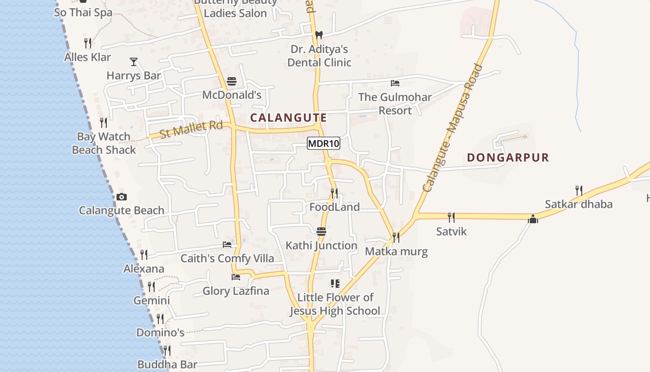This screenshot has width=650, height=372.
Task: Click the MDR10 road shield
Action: [324, 144]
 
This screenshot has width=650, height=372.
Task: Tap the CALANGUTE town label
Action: [288, 118]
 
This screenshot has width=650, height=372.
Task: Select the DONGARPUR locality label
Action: [508, 158]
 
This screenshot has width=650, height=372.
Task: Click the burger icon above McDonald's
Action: [232, 82]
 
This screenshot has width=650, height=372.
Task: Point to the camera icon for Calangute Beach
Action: [122, 197]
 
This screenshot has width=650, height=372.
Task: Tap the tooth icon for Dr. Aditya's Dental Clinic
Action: [318, 35]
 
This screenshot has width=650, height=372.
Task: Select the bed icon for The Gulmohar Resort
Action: [395, 83]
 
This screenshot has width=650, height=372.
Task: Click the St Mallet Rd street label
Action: [191, 129]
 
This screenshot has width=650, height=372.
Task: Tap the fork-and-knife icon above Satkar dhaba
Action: [578, 190]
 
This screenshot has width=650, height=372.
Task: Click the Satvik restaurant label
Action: [451, 231]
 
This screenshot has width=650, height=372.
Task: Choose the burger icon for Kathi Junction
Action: [321, 232]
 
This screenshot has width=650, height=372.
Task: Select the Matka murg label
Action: [396, 252]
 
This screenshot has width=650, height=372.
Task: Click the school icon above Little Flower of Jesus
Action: [335, 283]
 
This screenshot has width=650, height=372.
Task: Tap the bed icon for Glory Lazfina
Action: [236, 277]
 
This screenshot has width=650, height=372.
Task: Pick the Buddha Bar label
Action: [167, 364]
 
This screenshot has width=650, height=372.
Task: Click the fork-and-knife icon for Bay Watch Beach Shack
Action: [104, 123]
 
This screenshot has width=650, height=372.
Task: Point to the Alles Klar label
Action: [88, 57]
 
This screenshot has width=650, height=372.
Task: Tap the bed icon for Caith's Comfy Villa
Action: [227, 245]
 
